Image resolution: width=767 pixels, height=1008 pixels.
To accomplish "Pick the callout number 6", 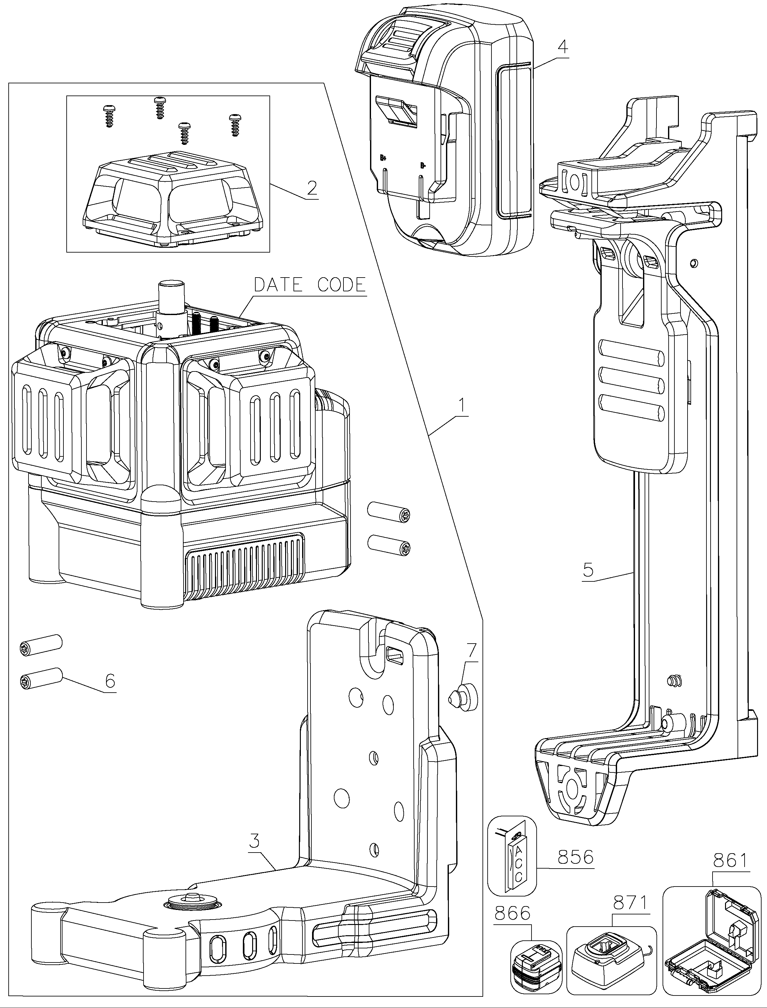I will tap(110, 681).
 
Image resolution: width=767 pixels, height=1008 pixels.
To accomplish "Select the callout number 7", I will tap(471, 650).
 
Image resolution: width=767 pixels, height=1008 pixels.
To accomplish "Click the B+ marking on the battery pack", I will tap(383, 158).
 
